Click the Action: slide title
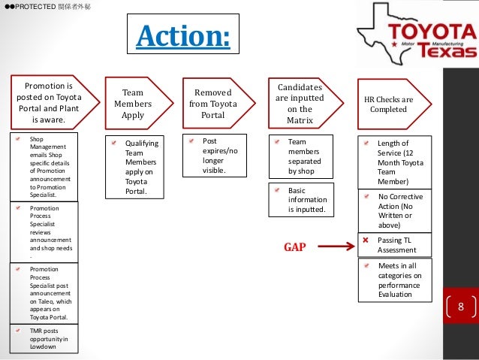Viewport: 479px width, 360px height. pyautogui.click(x=182, y=35)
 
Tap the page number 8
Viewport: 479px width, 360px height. pyautogui.click(x=460, y=307)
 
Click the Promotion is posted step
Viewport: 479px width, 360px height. pyautogui.click(x=49, y=103)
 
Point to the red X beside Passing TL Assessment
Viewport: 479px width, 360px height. pyautogui.click(x=366, y=240)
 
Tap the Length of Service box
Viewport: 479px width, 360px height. pyautogui.click(x=395, y=162)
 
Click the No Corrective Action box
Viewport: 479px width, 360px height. pyautogui.click(x=395, y=210)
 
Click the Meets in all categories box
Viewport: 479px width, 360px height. pyautogui.click(x=395, y=280)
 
